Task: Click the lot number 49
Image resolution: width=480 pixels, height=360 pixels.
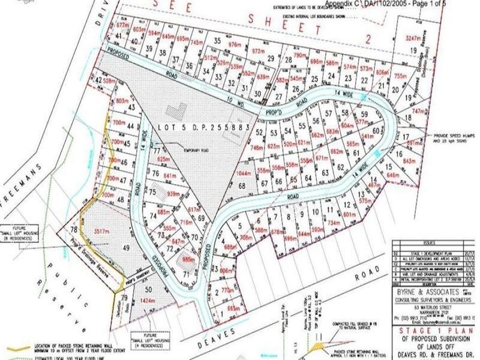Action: (125, 247)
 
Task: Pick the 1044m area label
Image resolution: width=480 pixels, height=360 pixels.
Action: (244, 173)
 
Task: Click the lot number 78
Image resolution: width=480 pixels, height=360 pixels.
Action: (74, 230)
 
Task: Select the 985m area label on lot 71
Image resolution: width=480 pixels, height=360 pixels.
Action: (188, 260)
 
